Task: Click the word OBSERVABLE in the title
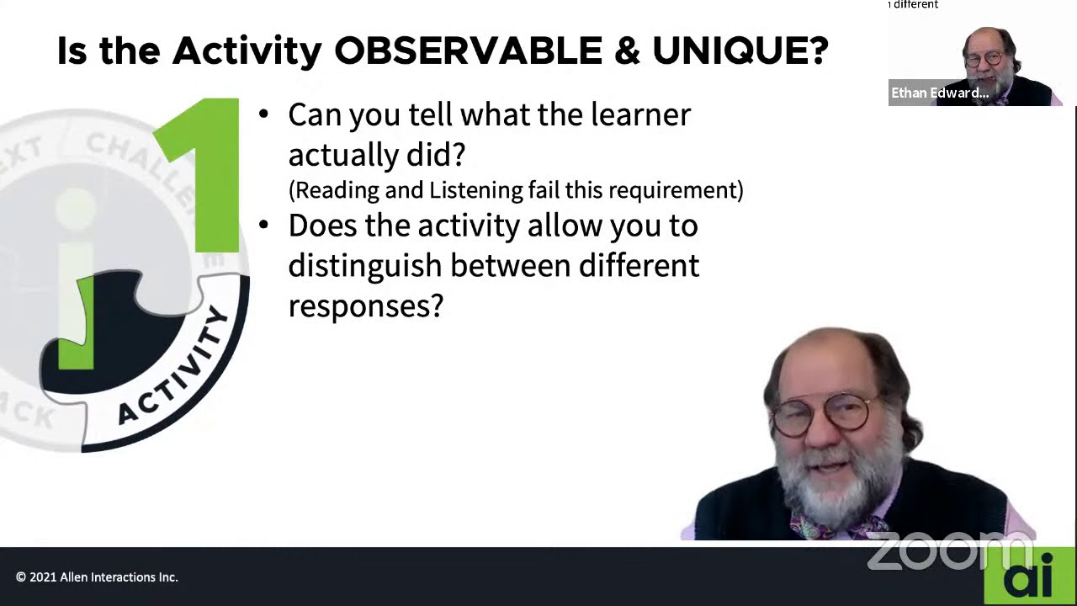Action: pos(468,51)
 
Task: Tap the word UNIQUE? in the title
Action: pos(740,51)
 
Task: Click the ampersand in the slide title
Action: pos(627,51)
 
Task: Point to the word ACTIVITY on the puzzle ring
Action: pos(175,367)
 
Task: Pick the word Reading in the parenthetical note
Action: pos(336,190)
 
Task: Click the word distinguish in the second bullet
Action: pos(364,266)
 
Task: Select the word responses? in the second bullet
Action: pos(365,306)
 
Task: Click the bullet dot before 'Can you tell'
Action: pos(263,114)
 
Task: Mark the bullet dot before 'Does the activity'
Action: pos(263,225)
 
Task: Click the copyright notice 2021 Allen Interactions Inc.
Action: pos(97,577)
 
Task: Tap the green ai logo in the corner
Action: pos(1029,577)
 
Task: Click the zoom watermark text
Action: pos(934,550)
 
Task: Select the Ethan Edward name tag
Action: pos(940,93)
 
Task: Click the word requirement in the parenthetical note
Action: pos(672,190)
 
